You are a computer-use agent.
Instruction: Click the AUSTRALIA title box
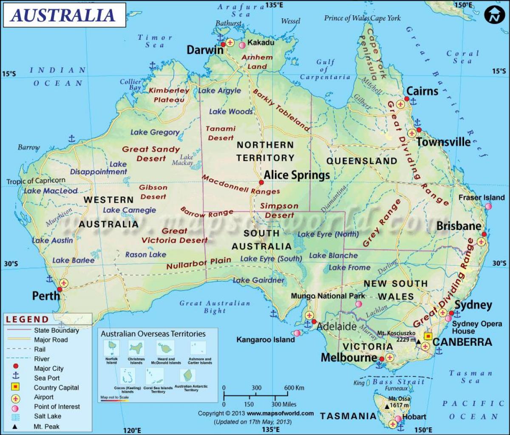tap(64, 15)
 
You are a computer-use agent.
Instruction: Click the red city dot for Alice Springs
tap(261, 183)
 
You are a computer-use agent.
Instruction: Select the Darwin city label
tap(205, 50)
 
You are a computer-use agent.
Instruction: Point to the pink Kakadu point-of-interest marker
tap(242, 44)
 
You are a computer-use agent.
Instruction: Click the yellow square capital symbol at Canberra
tap(428, 336)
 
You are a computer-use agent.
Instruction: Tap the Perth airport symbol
tap(64, 282)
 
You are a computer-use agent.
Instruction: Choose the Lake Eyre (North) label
tap(328, 234)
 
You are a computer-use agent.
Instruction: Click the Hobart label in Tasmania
tap(414, 417)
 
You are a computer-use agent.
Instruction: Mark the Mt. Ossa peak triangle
tap(387, 407)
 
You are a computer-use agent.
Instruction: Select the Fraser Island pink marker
tap(488, 206)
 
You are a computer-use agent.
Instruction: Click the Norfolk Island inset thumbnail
tap(112, 349)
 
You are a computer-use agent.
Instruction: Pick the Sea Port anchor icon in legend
tap(16, 377)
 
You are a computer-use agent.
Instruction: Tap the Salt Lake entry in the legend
tap(48, 416)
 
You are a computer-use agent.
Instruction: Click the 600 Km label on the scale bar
tap(294, 388)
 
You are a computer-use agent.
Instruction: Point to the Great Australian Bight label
tap(215, 307)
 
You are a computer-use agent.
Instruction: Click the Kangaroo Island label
tap(266, 340)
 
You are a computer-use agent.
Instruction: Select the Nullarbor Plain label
tap(198, 263)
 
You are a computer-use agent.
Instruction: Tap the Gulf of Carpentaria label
tap(325, 70)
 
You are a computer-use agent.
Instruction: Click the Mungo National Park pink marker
tap(359, 304)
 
